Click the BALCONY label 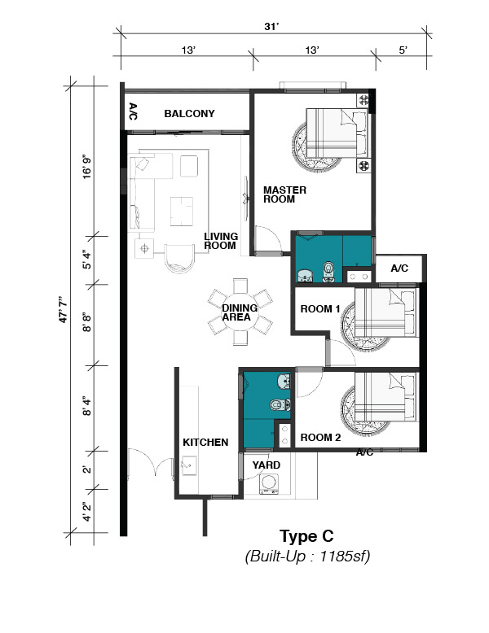coord(189,113)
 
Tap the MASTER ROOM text coord(284,194)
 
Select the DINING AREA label coord(240,312)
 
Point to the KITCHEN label coord(205,442)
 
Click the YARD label coord(267,465)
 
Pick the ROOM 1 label coord(320,309)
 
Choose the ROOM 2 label coord(320,437)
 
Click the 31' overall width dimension coord(271,26)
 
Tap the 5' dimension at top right coord(403,50)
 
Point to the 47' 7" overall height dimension coord(64,309)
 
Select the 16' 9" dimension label coord(87,166)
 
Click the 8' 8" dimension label coord(87,321)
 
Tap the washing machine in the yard coord(268,483)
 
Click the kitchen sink coord(189,465)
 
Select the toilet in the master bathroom coord(328,272)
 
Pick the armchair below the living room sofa coord(179,258)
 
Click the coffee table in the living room coord(181,211)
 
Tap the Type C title coord(306,536)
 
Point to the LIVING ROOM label coord(220,241)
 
